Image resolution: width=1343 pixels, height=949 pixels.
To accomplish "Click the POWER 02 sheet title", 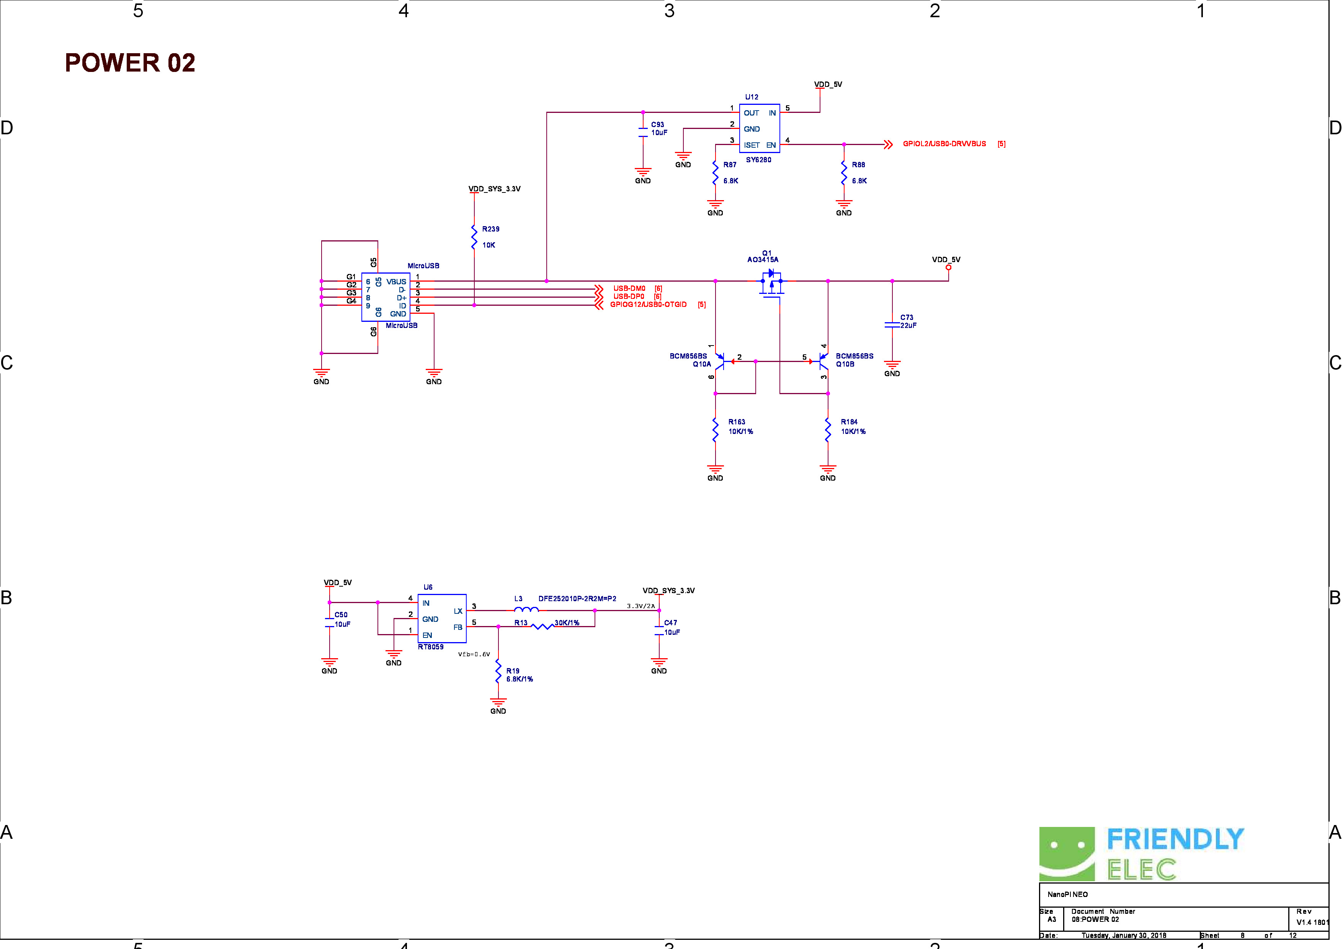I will point(130,62).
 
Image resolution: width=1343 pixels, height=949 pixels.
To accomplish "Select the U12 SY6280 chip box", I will point(759,129).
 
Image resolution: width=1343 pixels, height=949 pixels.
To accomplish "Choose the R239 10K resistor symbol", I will point(474,237).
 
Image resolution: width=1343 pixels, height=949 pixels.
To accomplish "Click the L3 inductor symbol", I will point(526,610).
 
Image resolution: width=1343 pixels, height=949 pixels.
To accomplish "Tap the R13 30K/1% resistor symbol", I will point(542,626).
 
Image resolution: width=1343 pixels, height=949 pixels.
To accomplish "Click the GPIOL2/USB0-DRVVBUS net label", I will point(944,144).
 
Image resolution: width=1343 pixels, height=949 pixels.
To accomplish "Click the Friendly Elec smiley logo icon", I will point(1066,854).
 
